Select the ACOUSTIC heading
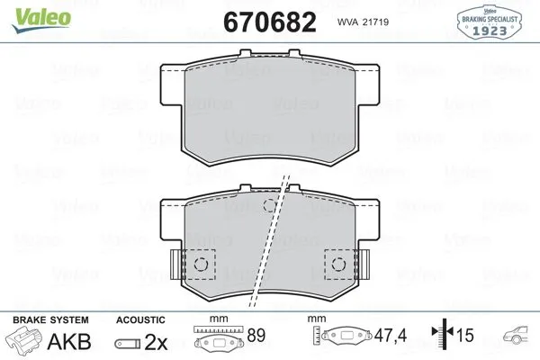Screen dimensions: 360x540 click(140, 320)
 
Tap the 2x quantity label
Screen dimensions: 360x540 click(156, 341)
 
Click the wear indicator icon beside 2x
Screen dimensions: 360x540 click(126, 342)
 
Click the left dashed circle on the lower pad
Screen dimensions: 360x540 click(201, 264)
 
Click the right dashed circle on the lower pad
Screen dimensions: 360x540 click(340, 264)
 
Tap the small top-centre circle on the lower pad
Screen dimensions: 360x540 click(268, 207)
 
